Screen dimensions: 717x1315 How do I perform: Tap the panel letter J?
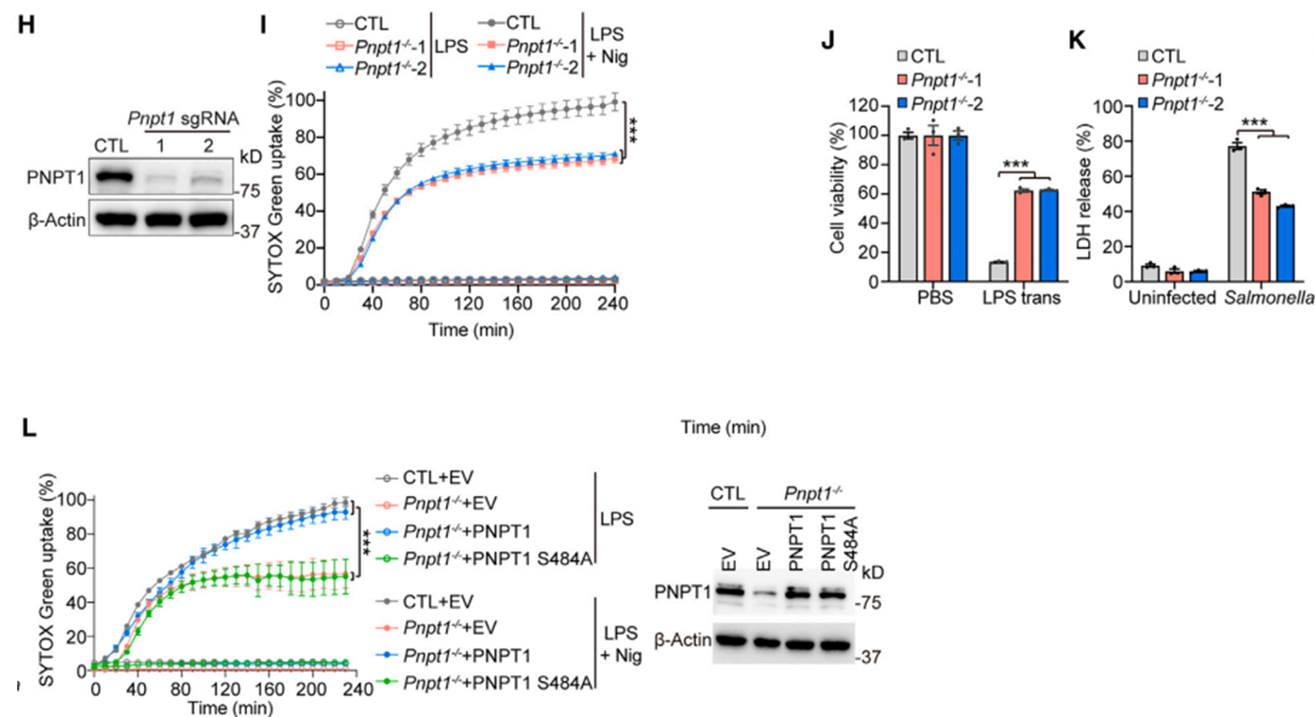click(828, 44)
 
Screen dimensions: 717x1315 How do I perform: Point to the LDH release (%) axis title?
click(1086, 192)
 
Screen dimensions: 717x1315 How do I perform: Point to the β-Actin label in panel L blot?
click(682, 639)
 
